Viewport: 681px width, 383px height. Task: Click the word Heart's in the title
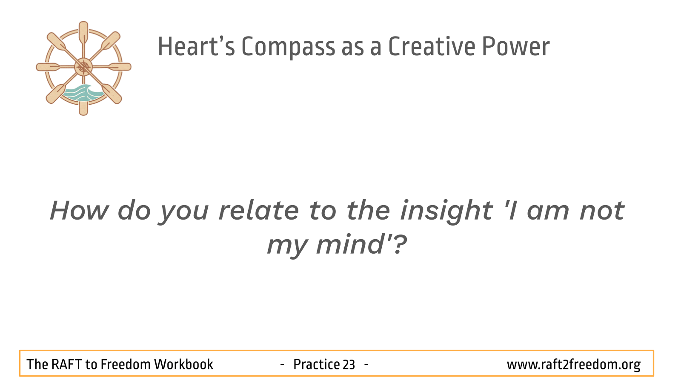(196, 46)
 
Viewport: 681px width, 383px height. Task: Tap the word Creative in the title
(432, 46)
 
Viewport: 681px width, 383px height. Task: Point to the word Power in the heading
(516, 46)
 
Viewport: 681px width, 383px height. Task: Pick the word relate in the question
(259, 210)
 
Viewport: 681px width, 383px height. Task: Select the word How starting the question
(79, 210)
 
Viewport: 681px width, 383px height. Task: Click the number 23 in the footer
(349, 364)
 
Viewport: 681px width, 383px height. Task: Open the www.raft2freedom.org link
(573, 365)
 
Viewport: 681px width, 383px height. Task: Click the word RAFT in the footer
(66, 364)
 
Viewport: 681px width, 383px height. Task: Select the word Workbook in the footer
(183, 364)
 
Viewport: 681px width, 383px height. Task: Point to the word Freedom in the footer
(126, 364)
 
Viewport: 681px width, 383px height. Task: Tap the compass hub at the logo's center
(83, 67)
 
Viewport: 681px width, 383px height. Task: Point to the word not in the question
(602, 210)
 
